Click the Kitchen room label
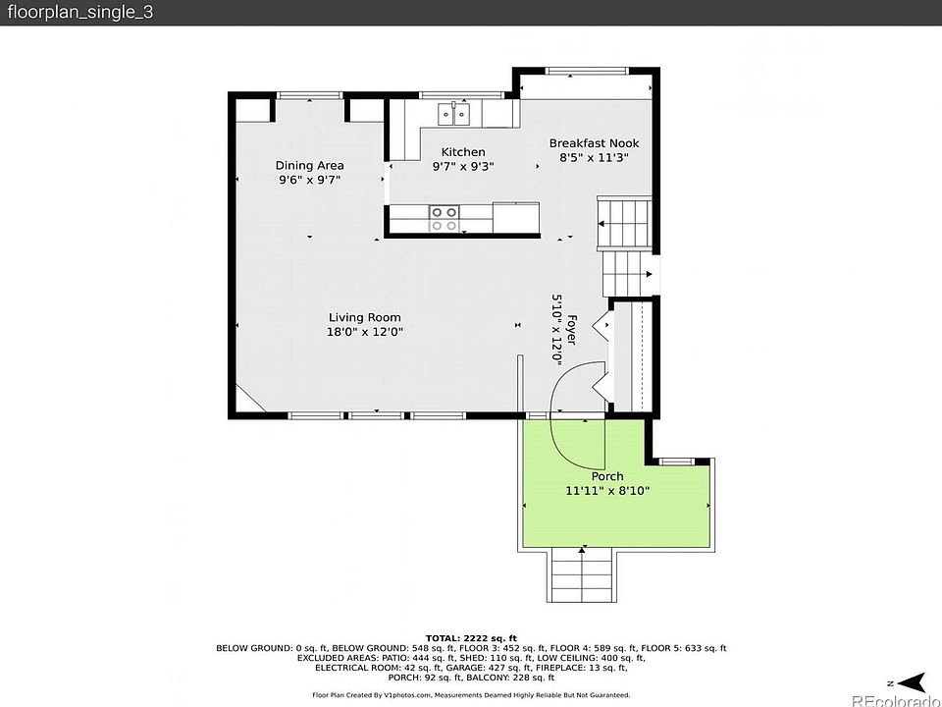pyautogui.click(x=463, y=152)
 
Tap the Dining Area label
pyautogui.click(x=309, y=165)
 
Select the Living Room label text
pyautogui.click(x=365, y=317)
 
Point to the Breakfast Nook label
pyautogui.click(x=595, y=143)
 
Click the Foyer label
pyautogui.click(x=572, y=330)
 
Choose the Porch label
pyautogui.click(x=607, y=477)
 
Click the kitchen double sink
pyautogui.click(x=453, y=114)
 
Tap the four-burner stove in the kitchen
pyautogui.click(x=444, y=219)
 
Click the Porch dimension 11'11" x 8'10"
pyautogui.click(x=607, y=491)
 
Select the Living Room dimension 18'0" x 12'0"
pyautogui.click(x=365, y=331)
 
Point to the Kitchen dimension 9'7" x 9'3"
pyautogui.click(x=463, y=166)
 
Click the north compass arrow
pyautogui.click(x=914, y=682)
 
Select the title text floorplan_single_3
pyautogui.click(x=79, y=13)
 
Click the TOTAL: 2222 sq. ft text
pyautogui.click(x=471, y=638)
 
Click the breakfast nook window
pyautogui.click(x=587, y=71)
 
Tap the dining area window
pyautogui.click(x=309, y=95)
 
